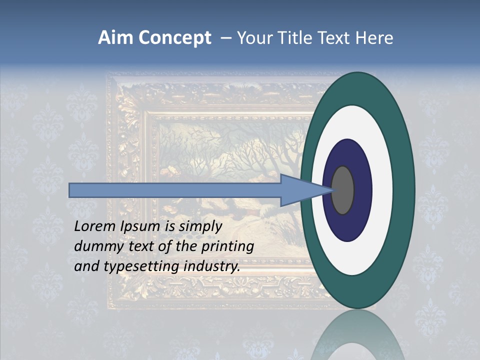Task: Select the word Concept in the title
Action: pos(174,38)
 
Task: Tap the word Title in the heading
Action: pos(291,38)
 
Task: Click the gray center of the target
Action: pos(343,190)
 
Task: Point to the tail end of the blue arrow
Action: pos(71,190)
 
